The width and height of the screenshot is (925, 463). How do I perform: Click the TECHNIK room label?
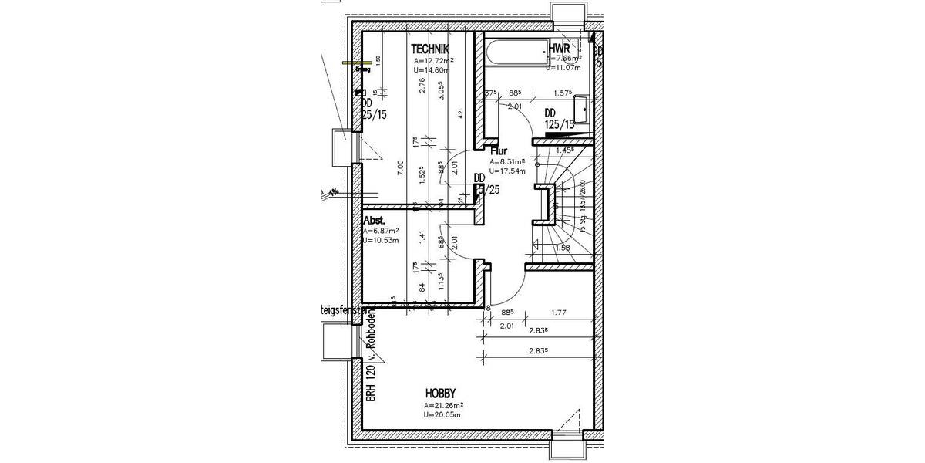pos(430,49)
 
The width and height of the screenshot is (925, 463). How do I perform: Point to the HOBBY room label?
pos(441,391)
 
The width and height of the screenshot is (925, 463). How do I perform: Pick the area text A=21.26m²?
pos(442,405)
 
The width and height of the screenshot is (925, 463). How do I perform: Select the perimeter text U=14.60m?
pos(431,69)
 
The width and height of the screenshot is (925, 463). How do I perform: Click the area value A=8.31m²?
pos(506,162)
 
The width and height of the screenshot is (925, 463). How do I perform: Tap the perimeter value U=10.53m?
pos(381,240)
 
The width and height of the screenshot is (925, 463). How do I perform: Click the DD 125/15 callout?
pos(560,118)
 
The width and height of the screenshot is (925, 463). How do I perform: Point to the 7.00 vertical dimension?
pos(399,164)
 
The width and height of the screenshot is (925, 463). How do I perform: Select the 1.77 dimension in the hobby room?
pos(560,313)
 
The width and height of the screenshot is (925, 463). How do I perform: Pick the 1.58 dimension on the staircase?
pos(563,248)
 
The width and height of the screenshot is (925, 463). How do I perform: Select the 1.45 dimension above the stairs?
pos(567,150)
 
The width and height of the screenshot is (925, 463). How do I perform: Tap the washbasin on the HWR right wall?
pos(587,107)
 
